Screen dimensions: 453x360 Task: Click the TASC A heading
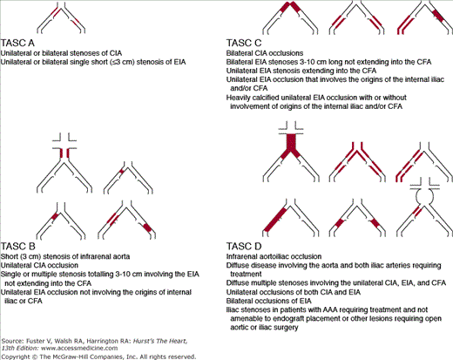(17, 43)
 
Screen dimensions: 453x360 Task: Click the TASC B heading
(18, 247)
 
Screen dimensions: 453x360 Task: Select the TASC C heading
(244, 43)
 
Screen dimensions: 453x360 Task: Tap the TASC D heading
(244, 247)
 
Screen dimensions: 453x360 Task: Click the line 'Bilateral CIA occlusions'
(265, 53)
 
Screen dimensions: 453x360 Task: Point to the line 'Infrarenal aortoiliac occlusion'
(274, 256)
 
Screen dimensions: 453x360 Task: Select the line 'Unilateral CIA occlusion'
(39, 265)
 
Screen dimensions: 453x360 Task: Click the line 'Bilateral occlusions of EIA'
(268, 301)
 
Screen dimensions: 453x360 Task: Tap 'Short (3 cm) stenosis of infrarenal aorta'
(65, 256)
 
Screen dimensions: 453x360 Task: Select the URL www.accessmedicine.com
(79, 348)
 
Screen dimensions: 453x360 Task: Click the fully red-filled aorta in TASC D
(291, 143)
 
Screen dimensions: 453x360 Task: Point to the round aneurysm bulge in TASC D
(425, 196)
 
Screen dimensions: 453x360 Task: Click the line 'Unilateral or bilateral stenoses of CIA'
(61, 53)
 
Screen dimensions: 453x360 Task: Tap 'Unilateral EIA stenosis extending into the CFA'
(301, 71)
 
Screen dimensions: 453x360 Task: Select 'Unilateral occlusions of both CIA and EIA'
(294, 292)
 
